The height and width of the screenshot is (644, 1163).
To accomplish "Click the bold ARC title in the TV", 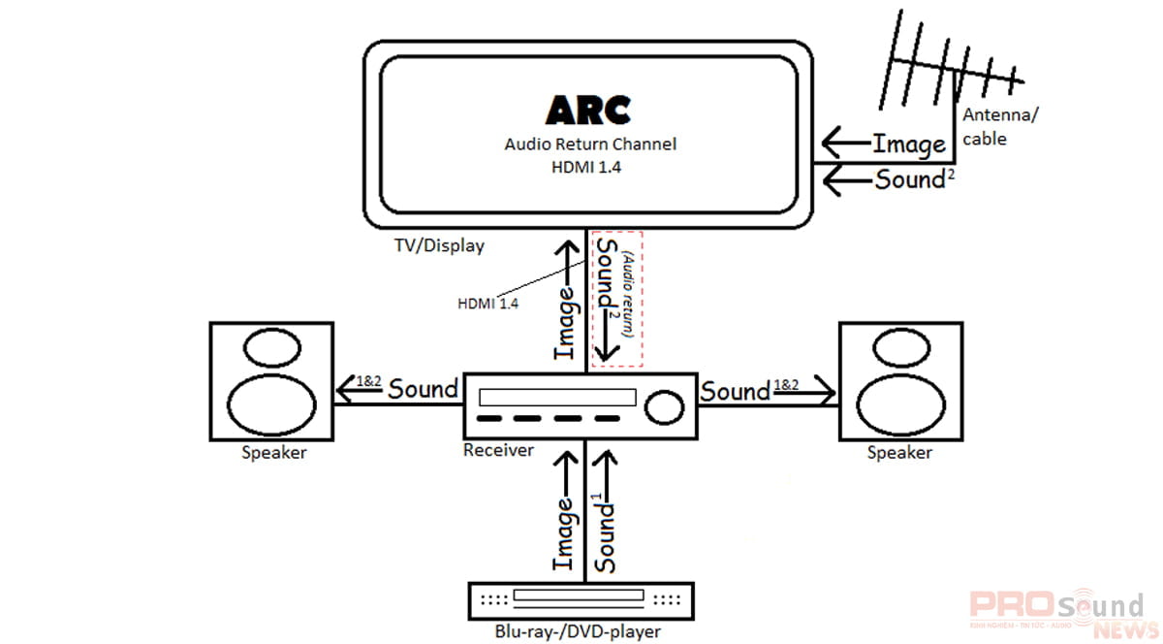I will point(588,110).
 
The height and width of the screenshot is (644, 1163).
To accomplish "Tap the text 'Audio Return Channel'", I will point(590,145).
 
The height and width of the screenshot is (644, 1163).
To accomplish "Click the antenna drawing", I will point(945,64).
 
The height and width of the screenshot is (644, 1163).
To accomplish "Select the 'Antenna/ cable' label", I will point(998,127).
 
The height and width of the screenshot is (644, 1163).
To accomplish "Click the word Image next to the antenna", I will point(908,145).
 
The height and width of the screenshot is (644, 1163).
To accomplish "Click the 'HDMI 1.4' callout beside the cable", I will point(487,304).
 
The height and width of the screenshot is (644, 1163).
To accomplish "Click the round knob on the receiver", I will point(663,406).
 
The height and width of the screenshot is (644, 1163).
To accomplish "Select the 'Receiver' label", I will point(498,450).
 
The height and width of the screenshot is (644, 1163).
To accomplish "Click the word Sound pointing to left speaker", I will point(423,389).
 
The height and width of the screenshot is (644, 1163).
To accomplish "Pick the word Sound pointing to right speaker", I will point(736,392).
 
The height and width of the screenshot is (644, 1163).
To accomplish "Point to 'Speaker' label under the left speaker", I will point(273,453).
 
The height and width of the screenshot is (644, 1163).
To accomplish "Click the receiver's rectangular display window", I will point(557,398).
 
